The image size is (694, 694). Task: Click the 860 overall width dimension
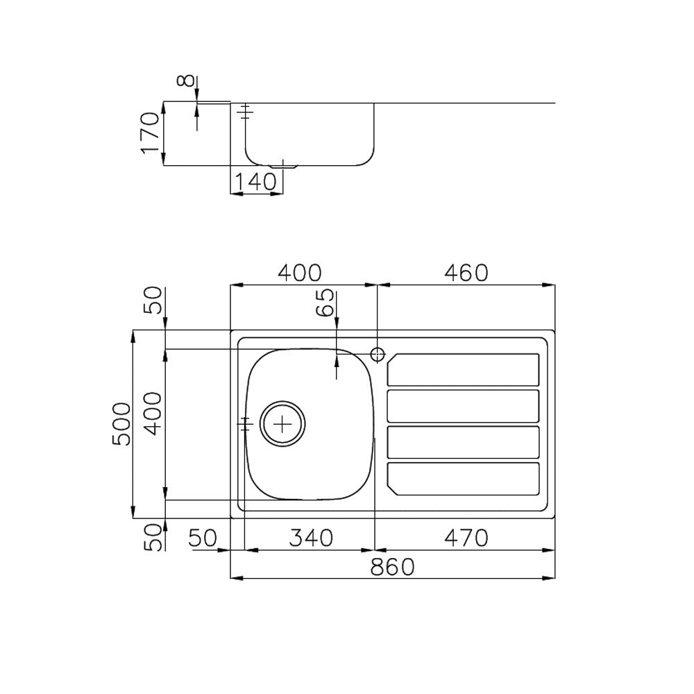click(393, 567)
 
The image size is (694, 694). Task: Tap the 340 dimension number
click(310, 537)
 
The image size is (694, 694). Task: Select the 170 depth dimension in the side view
click(151, 133)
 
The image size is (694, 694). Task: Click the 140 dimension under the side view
click(255, 183)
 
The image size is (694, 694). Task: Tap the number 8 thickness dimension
click(185, 81)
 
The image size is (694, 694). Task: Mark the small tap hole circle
click(378, 354)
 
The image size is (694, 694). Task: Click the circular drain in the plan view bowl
click(282, 423)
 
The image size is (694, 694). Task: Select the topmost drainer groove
click(463, 369)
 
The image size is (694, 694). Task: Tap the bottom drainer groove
click(463, 479)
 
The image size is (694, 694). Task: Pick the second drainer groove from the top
click(463, 406)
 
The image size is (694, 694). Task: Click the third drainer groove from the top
click(463, 442)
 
